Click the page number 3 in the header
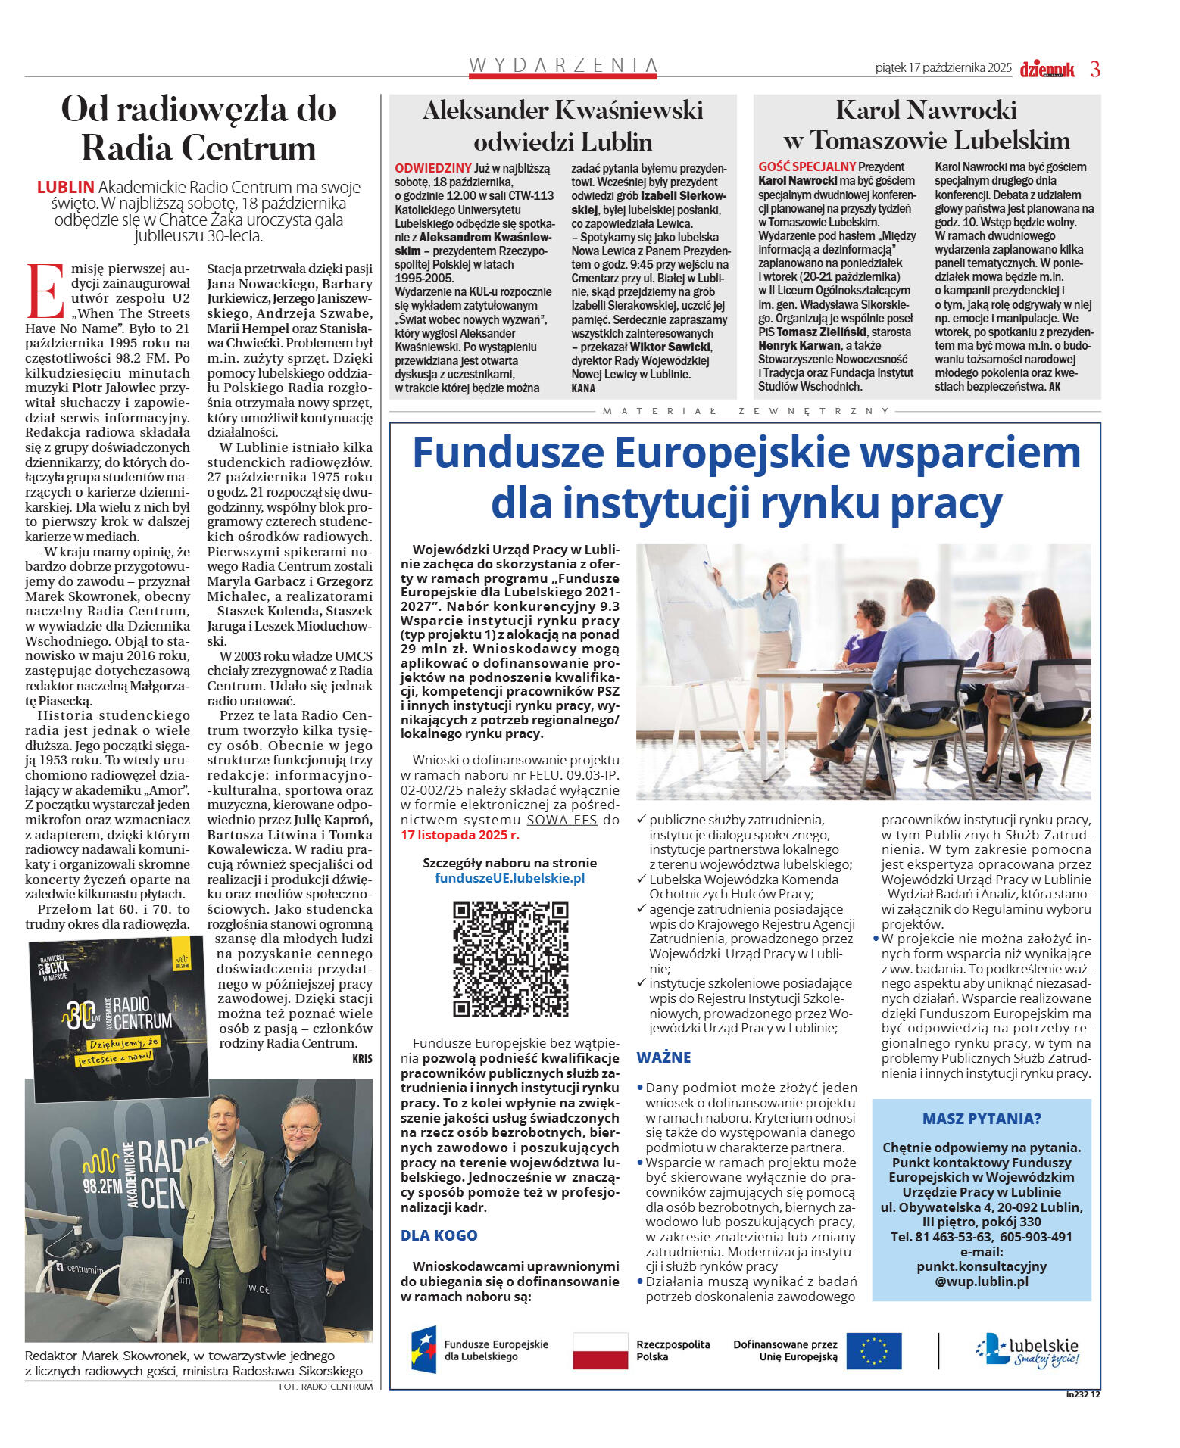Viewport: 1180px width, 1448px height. click(x=1094, y=69)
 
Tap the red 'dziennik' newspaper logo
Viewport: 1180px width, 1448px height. click(x=1047, y=70)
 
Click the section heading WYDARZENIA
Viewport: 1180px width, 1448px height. click(x=563, y=65)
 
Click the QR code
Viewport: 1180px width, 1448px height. click(x=510, y=959)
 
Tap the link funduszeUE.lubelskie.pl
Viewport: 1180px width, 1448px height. click(x=510, y=878)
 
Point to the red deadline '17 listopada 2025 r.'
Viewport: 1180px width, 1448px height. click(x=460, y=835)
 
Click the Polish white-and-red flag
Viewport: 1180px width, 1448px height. click(x=600, y=1350)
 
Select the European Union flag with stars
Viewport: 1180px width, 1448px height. click(x=873, y=1350)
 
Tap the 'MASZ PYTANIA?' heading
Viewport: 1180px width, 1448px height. click(x=982, y=1119)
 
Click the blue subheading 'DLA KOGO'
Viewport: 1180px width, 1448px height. click(x=439, y=1235)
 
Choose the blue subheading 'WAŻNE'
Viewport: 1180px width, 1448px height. click(x=663, y=1057)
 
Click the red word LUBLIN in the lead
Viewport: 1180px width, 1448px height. click(x=66, y=187)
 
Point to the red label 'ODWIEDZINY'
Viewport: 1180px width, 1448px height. click(x=433, y=168)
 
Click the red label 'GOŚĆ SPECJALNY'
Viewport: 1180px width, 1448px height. click(x=807, y=167)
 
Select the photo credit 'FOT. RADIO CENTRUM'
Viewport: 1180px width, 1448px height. click(x=326, y=1387)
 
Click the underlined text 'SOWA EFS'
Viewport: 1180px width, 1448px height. click(x=561, y=820)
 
